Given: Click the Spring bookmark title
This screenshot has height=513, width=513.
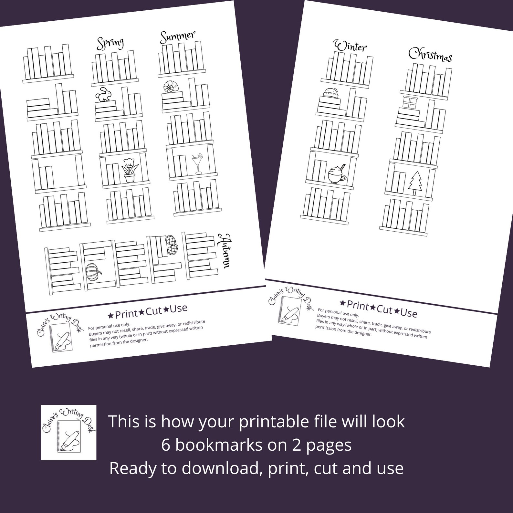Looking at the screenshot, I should click(110, 43).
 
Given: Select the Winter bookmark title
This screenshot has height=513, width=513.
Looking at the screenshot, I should click(351, 46).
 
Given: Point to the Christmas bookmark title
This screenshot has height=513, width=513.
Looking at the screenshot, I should click(430, 55).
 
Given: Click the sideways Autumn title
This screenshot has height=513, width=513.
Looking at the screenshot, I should click(225, 250).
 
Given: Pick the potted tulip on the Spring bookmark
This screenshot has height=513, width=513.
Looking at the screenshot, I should click(130, 170).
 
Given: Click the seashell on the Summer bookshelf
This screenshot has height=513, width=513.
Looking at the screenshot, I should click(171, 87).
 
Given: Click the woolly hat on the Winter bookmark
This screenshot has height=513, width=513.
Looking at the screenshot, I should click(330, 92).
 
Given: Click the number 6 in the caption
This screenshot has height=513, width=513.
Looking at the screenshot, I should click(166, 445).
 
